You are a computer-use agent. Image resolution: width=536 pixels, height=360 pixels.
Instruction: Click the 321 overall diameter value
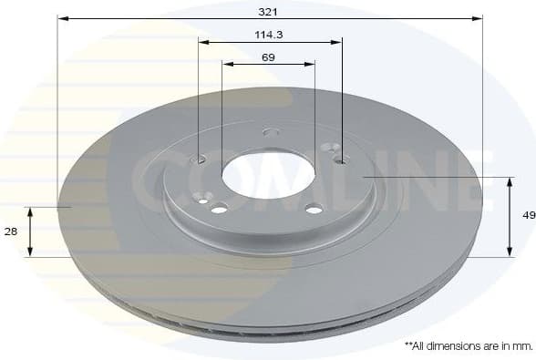[267, 11]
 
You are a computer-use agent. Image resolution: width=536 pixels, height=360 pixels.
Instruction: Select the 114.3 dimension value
[267, 35]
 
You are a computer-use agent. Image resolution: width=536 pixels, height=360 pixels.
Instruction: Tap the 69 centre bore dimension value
[268, 57]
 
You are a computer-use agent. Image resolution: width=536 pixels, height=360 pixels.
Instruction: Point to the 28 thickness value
[11, 232]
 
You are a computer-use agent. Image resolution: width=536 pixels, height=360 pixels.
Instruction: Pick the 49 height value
[528, 216]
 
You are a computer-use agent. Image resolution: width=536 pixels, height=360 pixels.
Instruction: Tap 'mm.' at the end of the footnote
[523, 345]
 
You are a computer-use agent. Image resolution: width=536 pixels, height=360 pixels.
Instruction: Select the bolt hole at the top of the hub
[271, 132]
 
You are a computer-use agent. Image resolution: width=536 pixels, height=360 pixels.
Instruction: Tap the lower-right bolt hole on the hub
[315, 208]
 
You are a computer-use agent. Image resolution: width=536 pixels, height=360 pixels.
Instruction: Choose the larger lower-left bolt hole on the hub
[219, 209]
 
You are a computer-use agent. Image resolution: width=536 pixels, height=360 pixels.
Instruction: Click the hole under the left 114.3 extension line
[201, 159]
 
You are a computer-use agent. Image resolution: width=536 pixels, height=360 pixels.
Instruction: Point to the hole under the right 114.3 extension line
[341, 160]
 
